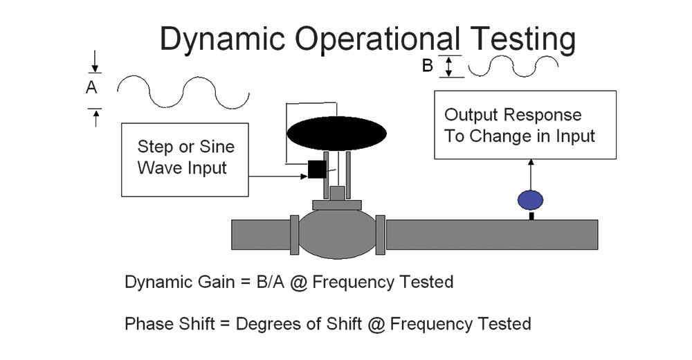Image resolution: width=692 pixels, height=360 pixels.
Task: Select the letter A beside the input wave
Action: pyautogui.click(x=91, y=87)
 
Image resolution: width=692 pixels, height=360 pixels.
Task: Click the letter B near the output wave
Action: pyautogui.click(x=427, y=66)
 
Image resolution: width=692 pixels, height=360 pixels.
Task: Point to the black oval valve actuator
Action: pyautogui.click(x=337, y=134)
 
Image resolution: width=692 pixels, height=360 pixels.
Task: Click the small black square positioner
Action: pyautogui.click(x=317, y=169)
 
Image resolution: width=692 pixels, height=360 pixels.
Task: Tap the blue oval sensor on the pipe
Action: pyautogui.click(x=531, y=200)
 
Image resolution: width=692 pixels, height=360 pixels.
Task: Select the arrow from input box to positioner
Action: pyautogui.click(x=278, y=177)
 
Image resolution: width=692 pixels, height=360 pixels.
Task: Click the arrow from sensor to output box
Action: pyautogui.click(x=531, y=175)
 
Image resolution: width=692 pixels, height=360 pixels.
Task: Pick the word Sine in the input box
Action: pyautogui.click(x=217, y=147)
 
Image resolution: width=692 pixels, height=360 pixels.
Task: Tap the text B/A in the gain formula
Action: pyautogui.click(x=270, y=282)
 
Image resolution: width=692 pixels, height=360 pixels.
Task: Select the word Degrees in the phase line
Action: pyautogui.click(x=267, y=324)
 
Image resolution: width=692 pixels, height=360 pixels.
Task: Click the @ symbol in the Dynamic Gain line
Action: pyautogui.click(x=298, y=282)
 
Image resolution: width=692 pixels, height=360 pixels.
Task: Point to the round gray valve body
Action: pyautogui.click(x=338, y=234)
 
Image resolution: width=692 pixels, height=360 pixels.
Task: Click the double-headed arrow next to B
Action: pyautogui.click(x=449, y=66)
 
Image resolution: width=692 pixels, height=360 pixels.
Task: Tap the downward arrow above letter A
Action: pyautogui.click(x=94, y=62)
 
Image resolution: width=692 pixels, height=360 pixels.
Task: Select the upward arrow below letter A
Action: pyautogui.click(x=95, y=118)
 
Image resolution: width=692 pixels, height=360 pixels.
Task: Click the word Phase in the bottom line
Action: pyautogui.click(x=147, y=324)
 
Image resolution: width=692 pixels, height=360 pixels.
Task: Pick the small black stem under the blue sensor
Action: pyautogui.click(x=531, y=216)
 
